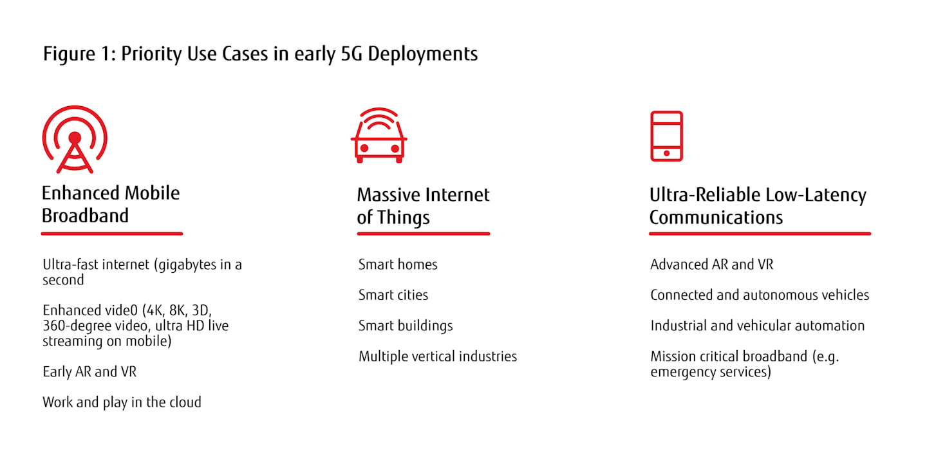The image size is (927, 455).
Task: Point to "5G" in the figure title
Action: tap(351, 54)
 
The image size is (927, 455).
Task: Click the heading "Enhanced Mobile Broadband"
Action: tap(111, 205)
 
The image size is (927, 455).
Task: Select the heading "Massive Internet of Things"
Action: tap(424, 206)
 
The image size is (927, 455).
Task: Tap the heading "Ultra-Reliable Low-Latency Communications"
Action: tap(758, 206)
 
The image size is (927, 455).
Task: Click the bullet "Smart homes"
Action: tap(398, 265)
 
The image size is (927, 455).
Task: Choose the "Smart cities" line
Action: tap(393, 295)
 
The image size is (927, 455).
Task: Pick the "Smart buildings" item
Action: tap(406, 326)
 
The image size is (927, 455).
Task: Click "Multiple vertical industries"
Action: tap(438, 357)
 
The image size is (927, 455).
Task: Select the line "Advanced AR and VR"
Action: tap(712, 265)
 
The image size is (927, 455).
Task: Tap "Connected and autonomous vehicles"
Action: tap(760, 295)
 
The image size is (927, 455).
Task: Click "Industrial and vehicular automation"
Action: tap(758, 326)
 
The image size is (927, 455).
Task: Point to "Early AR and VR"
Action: tap(89, 372)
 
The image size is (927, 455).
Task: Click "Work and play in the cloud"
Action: tap(122, 402)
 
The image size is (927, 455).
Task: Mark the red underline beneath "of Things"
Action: tap(424, 234)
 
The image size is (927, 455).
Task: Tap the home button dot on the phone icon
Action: tap(666, 153)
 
